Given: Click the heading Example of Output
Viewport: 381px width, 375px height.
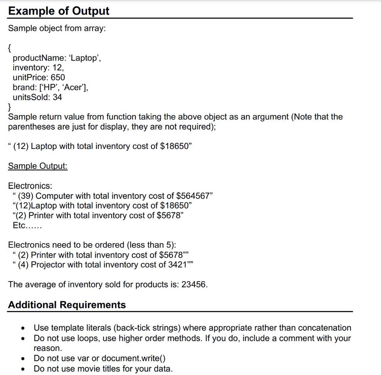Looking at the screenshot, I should (59, 11).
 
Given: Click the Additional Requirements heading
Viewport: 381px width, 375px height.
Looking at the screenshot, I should (67, 305).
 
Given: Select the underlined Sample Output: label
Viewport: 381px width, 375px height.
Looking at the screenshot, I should (38, 166).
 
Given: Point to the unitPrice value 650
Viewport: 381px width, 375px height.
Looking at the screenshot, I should (58, 77).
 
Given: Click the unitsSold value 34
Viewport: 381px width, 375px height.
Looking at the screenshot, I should (57, 97).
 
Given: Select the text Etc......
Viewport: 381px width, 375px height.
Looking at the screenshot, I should (20, 225).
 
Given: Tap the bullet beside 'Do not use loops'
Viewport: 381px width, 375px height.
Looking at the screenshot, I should (23, 339).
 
